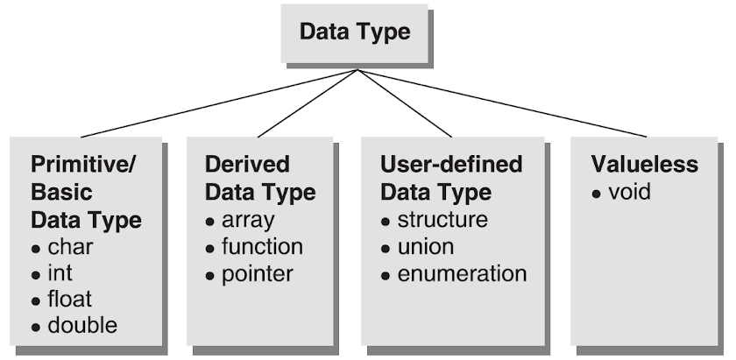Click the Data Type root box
pyautogui.click(x=355, y=33)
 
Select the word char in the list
pyautogui.click(x=70, y=247)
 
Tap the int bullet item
pyautogui.click(x=60, y=273)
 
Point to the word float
pyautogui.click(x=69, y=300)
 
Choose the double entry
pyautogui.click(x=82, y=326)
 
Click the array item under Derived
pyautogui.click(x=248, y=219)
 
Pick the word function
pyautogui.click(x=262, y=246)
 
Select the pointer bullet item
pyautogui.click(x=257, y=273)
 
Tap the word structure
pyautogui.click(x=442, y=219)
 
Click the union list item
pyautogui.click(x=427, y=246)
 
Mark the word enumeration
pyautogui.click(x=462, y=273)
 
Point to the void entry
pyautogui.click(x=630, y=191)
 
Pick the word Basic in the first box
pyautogui.click(x=61, y=191)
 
